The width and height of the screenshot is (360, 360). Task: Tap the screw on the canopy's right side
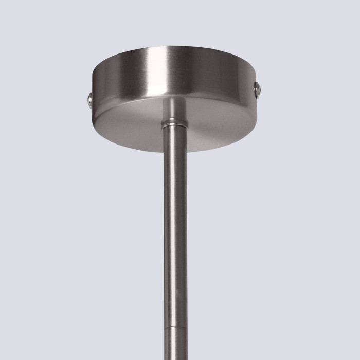point(258,90)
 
